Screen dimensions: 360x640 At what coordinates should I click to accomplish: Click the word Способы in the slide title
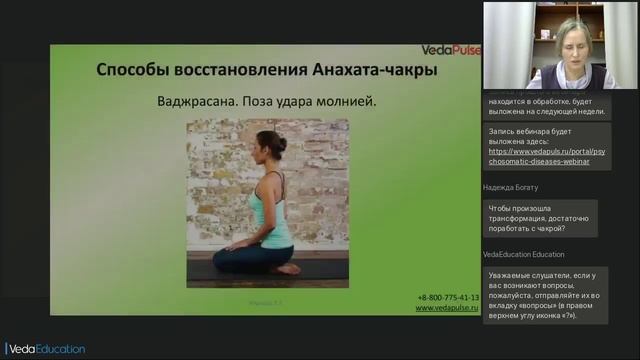[134, 72]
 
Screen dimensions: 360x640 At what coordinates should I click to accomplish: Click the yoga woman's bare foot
[288, 268]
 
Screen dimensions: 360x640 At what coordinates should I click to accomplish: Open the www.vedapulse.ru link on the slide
[447, 308]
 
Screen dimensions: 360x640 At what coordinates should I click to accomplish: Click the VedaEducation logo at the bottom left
[44, 349]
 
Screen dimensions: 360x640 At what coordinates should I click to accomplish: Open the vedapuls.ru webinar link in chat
[538, 156]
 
